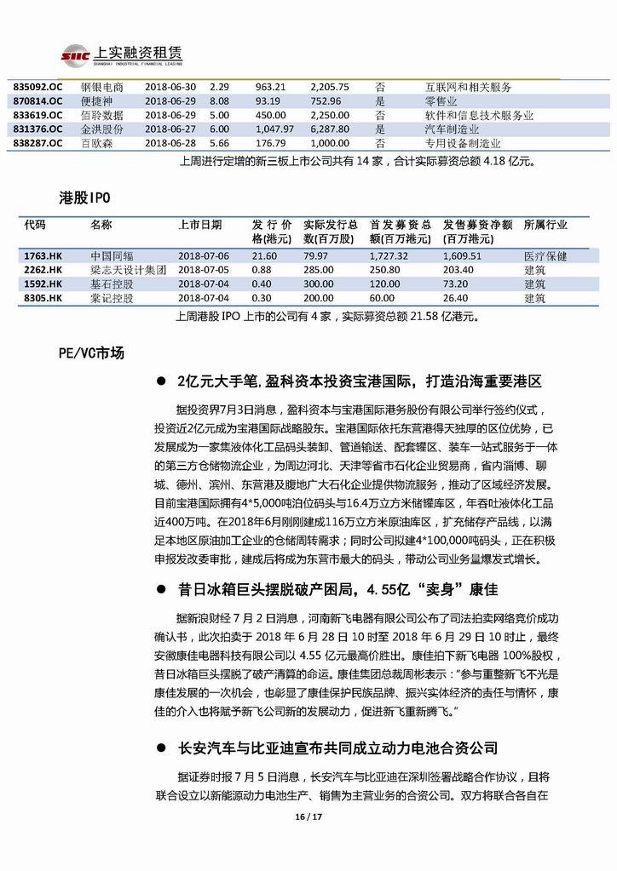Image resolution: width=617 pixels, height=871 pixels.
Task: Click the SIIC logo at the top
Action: coord(75,55)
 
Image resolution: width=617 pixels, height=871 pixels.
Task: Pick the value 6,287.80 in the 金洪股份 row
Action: coord(330,129)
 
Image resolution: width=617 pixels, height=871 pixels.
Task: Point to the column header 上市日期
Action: coord(199,226)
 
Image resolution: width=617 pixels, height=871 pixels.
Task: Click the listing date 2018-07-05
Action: coord(205,270)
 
